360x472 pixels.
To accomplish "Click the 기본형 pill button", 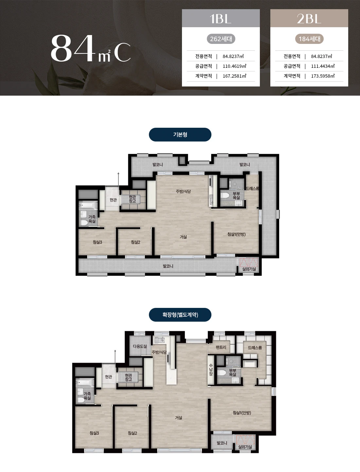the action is point(180,135).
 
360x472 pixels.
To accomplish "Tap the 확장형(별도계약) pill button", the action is point(180,315).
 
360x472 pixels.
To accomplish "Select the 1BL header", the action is point(221,18).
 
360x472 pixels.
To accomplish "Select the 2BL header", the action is point(309,18).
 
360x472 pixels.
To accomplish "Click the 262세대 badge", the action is point(221,39).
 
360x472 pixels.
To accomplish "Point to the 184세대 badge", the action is point(309,39).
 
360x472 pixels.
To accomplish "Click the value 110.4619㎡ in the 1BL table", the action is point(234,66).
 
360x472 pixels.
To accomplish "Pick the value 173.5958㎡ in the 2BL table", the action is point(323,76).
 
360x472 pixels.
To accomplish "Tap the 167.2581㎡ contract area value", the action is point(234,76).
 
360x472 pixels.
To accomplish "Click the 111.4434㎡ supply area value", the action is point(323,66).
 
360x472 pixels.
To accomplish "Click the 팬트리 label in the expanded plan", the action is point(221,347).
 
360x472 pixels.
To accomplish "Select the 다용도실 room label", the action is point(140,346).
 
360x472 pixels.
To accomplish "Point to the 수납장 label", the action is point(211,369).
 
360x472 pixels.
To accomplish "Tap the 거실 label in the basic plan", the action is point(183,237).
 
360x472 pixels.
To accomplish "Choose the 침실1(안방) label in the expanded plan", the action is point(242,413).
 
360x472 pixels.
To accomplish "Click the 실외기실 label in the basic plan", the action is point(249,269).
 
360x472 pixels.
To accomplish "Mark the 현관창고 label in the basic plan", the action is point(132,199).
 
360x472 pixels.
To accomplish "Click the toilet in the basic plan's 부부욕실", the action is point(225,196).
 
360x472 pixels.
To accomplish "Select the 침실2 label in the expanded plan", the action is point(132,433).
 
